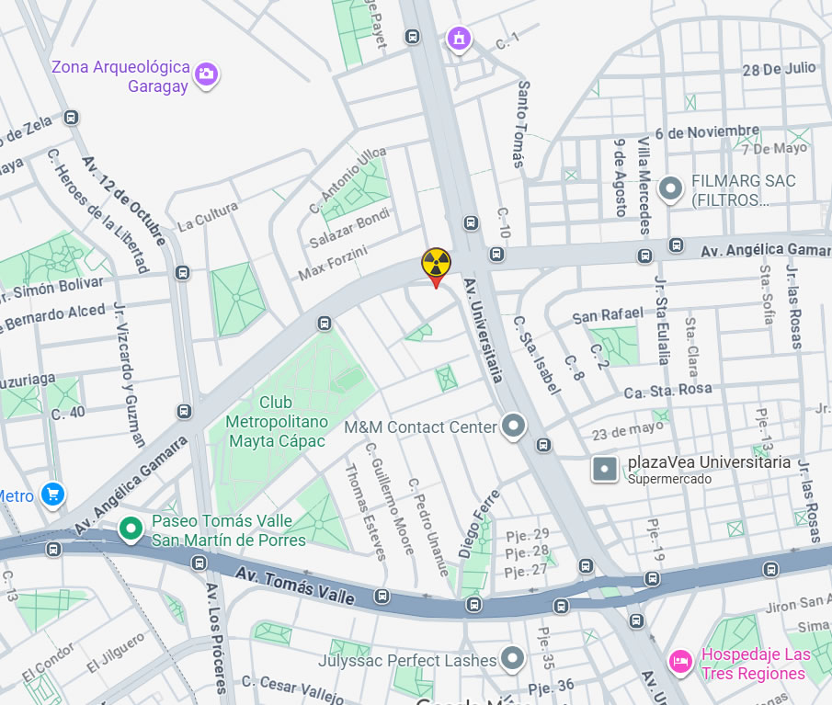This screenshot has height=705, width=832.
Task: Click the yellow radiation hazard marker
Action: pyautogui.click(x=436, y=265)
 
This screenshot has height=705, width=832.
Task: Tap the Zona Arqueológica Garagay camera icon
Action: pyautogui.click(x=207, y=74)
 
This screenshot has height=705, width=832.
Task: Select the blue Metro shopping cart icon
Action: pyautogui.click(x=53, y=495)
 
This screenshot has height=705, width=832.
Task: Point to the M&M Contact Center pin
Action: pyautogui.click(x=513, y=426)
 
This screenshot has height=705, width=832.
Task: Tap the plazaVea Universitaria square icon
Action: pyautogui.click(x=604, y=469)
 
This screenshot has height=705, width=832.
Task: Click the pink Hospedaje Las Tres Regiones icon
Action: pyautogui.click(x=680, y=661)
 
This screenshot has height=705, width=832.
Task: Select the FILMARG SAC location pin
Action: pyautogui.click(x=671, y=189)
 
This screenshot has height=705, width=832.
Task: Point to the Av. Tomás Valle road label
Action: pyautogui.click(x=294, y=586)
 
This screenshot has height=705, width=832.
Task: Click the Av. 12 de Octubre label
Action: pyautogui.click(x=123, y=200)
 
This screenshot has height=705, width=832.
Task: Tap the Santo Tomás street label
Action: pyautogui.click(x=522, y=124)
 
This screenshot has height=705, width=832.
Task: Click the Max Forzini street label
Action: pyautogui.click(x=333, y=263)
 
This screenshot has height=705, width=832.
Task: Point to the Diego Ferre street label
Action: pyautogui.click(x=480, y=524)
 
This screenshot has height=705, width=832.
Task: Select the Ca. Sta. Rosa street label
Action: pyautogui.click(x=667, y=389)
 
